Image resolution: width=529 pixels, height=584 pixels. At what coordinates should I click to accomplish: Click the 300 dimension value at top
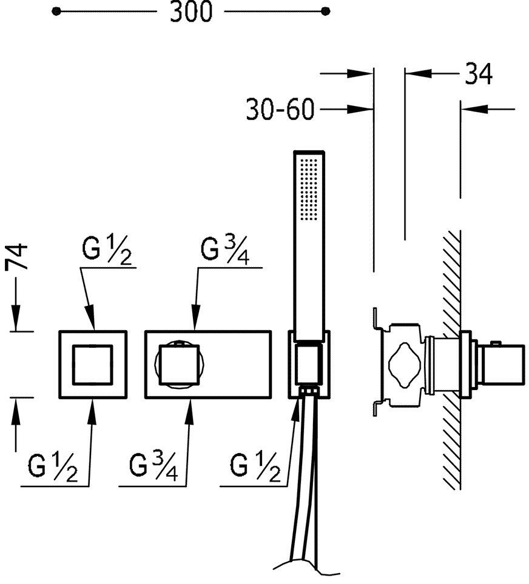tap(191, 12)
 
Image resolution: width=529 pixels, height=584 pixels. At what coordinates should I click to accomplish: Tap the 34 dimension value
tap(479, 74)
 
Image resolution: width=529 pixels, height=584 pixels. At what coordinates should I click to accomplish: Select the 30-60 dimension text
tap(280, 110)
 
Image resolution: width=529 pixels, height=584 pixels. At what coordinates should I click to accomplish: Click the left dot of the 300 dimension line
tap(56, 11)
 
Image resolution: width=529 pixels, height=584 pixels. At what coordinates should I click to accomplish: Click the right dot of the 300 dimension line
tap(326, 11)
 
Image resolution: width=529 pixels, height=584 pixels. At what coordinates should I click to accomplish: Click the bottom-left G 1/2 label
tap(53, 467)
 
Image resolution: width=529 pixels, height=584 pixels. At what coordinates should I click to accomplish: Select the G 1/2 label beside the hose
tap(257, 467)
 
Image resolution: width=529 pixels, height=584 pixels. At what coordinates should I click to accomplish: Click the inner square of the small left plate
tap(92, 364)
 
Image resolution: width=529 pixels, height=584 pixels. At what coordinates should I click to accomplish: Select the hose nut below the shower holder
tap(309, 392)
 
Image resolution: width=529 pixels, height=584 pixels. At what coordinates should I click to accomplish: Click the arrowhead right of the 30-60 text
tap(364, 110)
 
